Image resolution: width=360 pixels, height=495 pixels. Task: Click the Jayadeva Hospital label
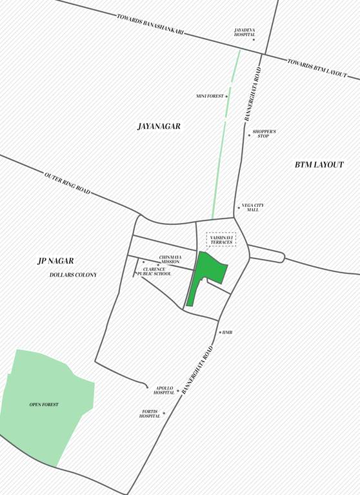click(245, 32)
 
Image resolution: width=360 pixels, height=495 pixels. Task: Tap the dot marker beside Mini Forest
click(226, 96)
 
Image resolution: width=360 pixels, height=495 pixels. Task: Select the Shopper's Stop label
click(264, 133)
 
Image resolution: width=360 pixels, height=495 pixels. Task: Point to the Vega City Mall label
click(252, 208)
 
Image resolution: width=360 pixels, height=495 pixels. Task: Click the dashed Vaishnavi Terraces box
click(221, 240)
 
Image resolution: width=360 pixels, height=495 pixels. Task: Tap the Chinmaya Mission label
click(170, 259)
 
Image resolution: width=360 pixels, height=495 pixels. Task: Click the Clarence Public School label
click(154, 271)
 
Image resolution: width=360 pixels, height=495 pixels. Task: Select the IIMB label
click(227, 333)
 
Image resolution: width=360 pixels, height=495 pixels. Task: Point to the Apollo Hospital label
click(164, 391)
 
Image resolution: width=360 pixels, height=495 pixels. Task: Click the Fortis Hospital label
click(150, 414)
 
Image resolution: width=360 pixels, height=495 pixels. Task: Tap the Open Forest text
click(44, 405)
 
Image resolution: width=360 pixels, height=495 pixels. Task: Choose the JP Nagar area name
click(55, 261)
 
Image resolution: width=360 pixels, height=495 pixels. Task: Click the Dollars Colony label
click(73, 275)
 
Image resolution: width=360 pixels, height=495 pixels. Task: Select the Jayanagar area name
click(159, 126)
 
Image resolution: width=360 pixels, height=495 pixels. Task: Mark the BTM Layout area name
click(319, 165)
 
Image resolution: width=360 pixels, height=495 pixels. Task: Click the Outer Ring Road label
click(67, 183)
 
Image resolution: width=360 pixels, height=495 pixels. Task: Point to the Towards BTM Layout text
click(317, 68)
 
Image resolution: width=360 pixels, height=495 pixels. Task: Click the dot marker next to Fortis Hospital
click(164, 413)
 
